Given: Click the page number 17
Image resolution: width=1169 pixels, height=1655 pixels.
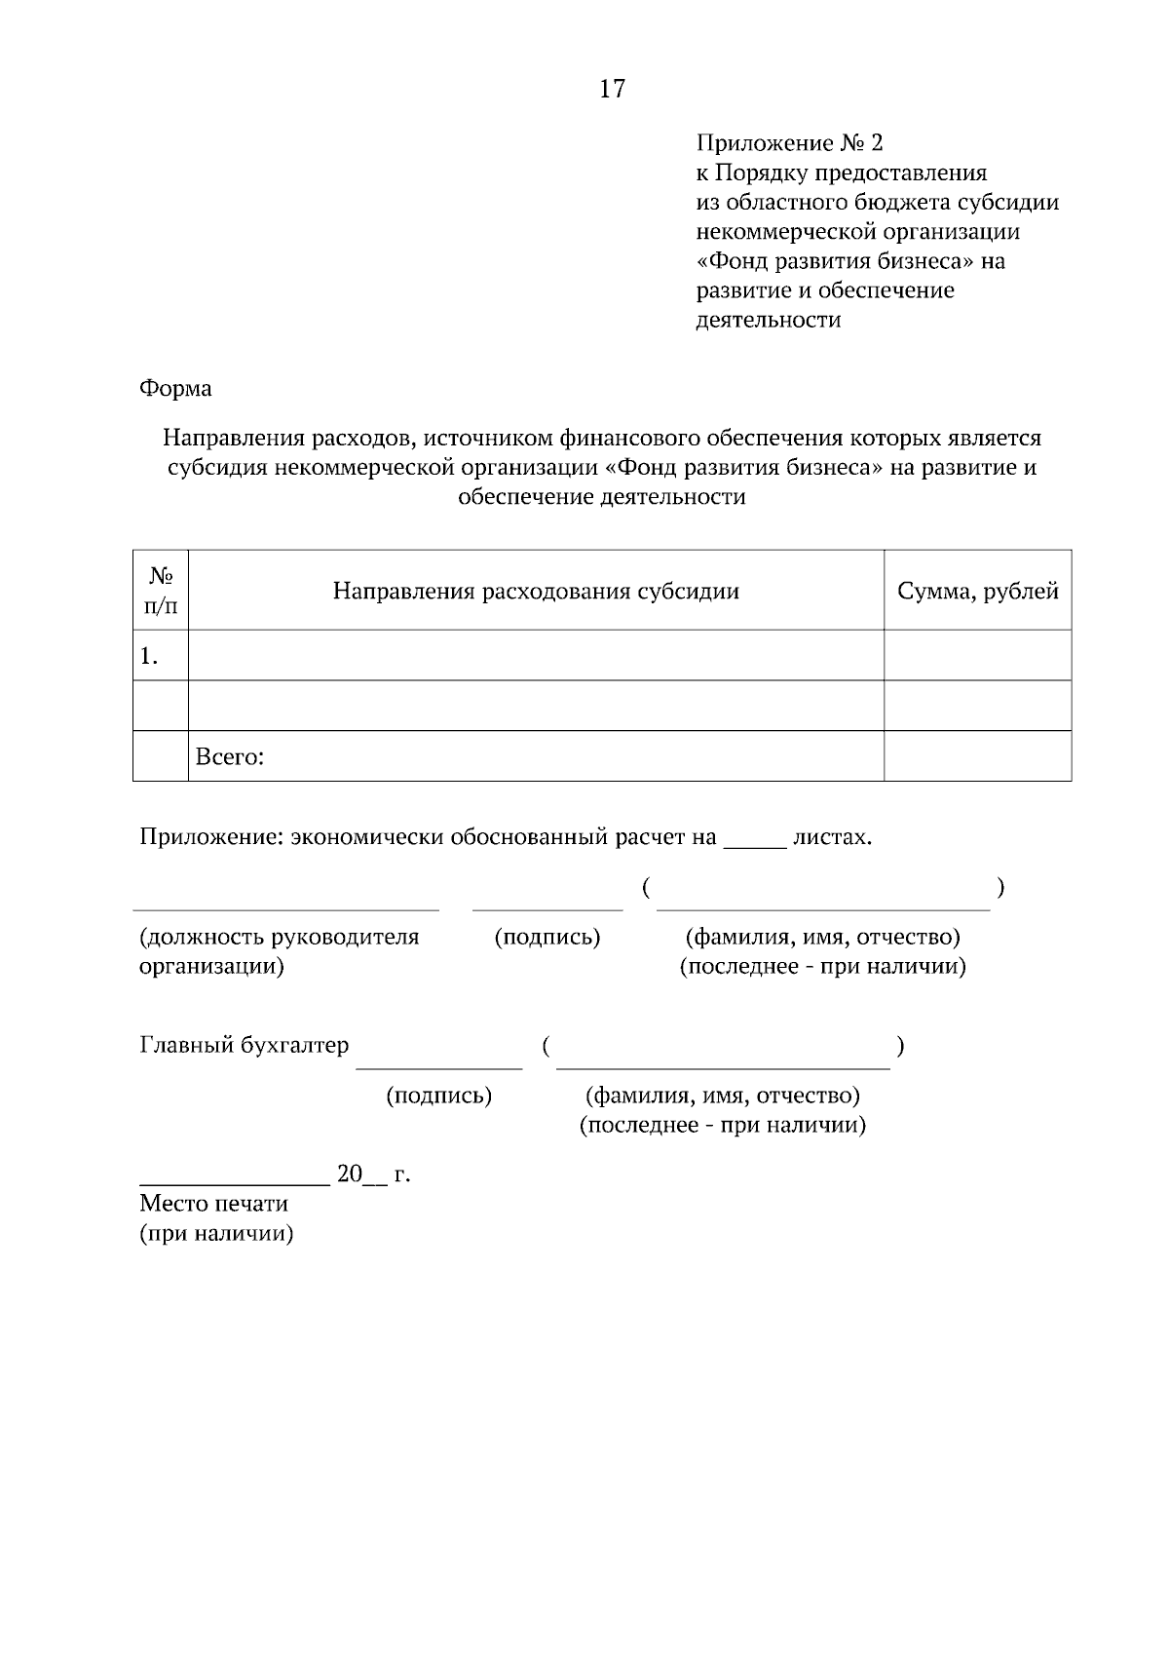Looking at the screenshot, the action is tap(612, 90).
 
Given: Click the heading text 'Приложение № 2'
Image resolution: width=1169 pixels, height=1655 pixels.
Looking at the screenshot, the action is tap(789, 144).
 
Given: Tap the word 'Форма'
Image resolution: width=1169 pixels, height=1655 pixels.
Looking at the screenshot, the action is tap(175, 389).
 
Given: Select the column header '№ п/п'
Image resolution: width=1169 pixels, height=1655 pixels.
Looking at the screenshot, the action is tap(161, 591).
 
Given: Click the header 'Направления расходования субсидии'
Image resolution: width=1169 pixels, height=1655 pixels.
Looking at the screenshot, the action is tap(536, 592).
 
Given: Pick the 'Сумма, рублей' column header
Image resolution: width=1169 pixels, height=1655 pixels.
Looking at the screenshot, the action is tap(977, 592).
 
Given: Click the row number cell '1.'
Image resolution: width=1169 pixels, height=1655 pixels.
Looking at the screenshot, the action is tap(151, 656).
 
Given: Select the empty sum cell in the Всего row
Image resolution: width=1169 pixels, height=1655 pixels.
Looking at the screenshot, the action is tap(977, 756).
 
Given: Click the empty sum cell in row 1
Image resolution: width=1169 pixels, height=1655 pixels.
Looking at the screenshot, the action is tap(977, 655).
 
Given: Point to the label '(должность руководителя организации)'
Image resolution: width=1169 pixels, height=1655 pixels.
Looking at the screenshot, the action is tap(279, 951).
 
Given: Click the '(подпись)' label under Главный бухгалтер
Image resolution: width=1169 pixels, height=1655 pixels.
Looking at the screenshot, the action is tap(439, 1096).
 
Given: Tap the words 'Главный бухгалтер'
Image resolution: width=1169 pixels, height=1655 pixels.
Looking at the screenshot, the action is tap(244, 1046).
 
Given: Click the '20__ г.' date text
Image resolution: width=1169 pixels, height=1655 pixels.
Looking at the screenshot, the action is tap(373, 1174).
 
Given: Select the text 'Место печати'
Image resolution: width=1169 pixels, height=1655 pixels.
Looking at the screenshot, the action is tap(214, 1204).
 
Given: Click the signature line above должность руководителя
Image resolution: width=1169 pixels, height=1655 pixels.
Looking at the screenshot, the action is tap(285, 908).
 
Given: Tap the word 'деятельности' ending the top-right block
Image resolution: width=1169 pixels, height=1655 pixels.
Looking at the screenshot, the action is tap(768, 320).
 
